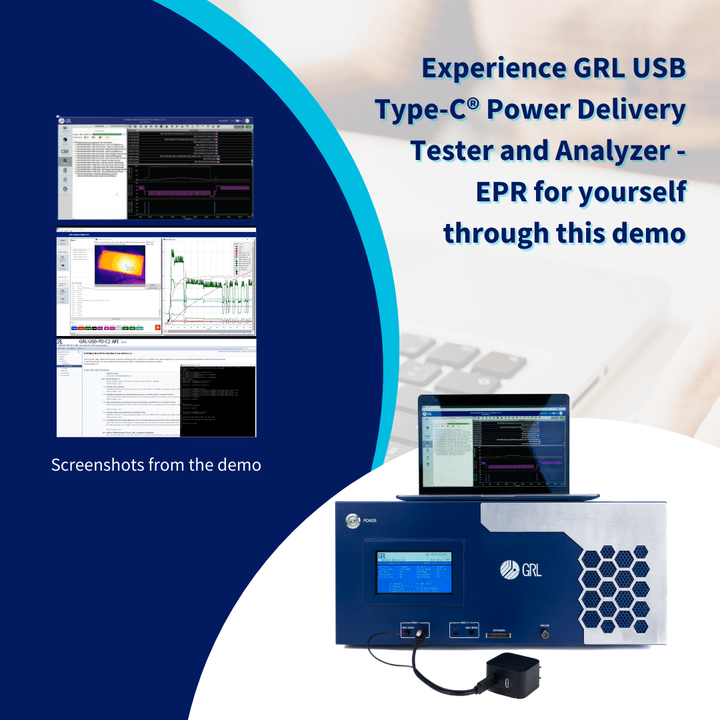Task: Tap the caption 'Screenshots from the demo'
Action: point(156,464)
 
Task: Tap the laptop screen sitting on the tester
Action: point(493,445)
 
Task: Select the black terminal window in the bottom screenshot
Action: point(217,400)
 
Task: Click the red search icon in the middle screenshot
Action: point(157,328)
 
